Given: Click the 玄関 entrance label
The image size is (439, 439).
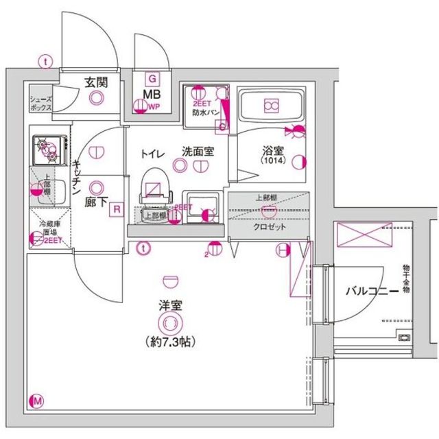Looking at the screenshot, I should point(95,82).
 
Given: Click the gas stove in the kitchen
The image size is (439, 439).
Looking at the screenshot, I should point(48,145).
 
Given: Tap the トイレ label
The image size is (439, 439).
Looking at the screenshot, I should point(152,153).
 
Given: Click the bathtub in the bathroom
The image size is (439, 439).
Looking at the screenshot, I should point(271,106).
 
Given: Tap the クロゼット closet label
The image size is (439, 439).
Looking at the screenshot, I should point(268,227).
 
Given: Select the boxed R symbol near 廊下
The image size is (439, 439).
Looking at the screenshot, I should point(117,209).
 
